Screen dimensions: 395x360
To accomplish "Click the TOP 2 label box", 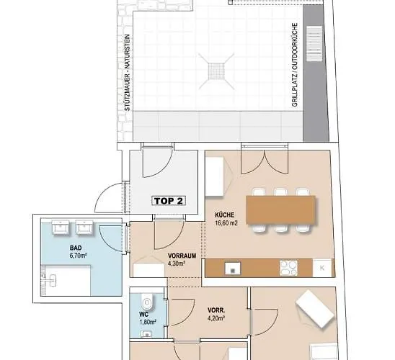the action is pos(169,201).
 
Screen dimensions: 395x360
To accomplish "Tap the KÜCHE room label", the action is pos(224,215).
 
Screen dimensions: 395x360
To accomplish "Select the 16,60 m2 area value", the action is pos(226,223).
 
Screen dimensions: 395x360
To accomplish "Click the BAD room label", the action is pos(76,248).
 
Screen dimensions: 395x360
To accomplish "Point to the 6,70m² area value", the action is pos(78,256).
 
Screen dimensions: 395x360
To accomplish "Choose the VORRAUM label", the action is pos(182,256).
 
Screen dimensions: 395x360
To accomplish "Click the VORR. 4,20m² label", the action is pos(216,314).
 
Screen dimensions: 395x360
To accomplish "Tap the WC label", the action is pos(143,315).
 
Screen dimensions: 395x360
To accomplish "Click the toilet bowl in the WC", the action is pos(147,301).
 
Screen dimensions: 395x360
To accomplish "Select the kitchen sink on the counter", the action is pos(233,268).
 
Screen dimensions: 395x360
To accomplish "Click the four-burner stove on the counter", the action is pos(288,268).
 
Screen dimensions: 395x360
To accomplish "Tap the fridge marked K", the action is pos(322,268).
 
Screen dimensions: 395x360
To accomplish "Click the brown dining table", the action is pos(280,210).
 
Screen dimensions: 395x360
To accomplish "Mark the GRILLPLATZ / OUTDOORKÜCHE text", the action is pos(295,65).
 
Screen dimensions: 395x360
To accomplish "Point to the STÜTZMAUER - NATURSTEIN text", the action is pos(128,73).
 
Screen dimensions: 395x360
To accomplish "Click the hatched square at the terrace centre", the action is pos(216,71).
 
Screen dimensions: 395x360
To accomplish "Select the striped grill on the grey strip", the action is pos(314,44).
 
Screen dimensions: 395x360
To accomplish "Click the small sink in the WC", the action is pos(146,334).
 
